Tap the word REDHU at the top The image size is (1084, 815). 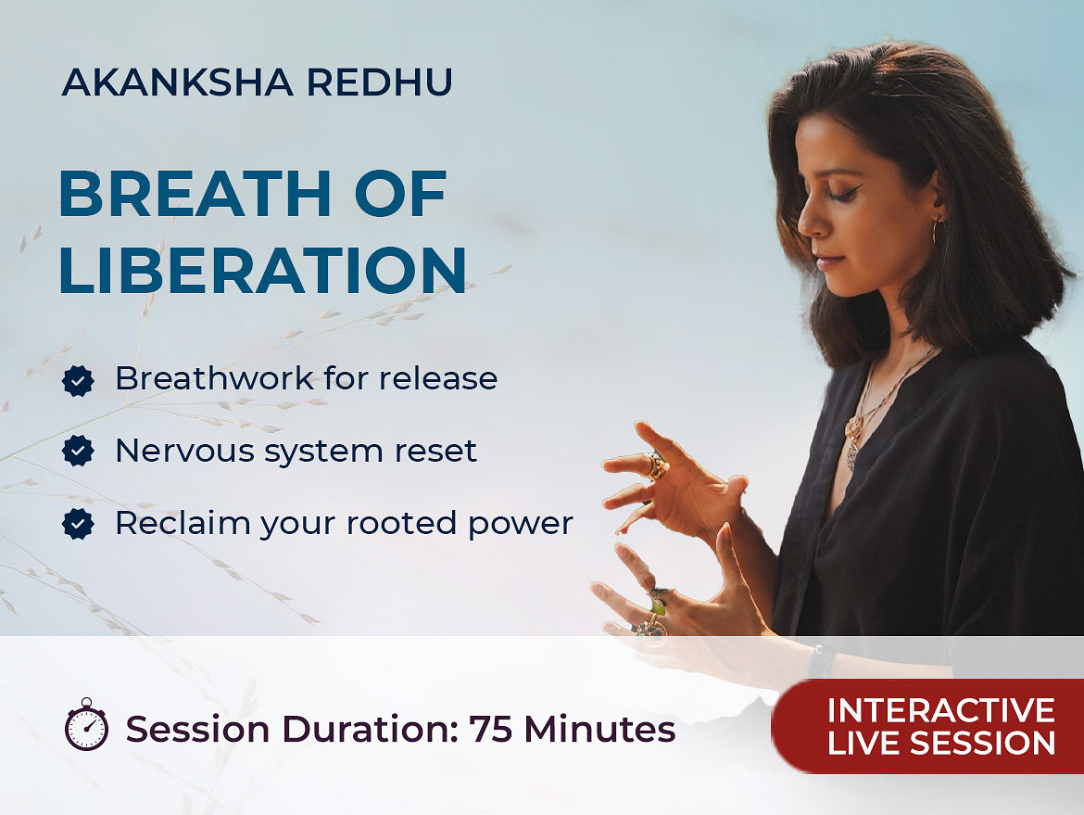pos(380,82)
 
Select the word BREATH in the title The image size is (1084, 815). pos(195,194)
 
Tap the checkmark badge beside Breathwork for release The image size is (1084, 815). pos(78,380)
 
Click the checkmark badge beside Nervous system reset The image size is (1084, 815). pos(78,452)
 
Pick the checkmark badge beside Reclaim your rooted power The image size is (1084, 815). pos(78,524)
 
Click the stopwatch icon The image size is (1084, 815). pos(86,724)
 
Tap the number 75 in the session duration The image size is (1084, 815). pos(490,729)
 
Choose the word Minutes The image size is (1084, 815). pos(599,729)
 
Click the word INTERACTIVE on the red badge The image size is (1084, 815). pos(941,710)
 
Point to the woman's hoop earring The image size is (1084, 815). pos(936,232)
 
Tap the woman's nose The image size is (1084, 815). pos(807,222)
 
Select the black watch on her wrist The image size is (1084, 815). pos(821,660)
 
